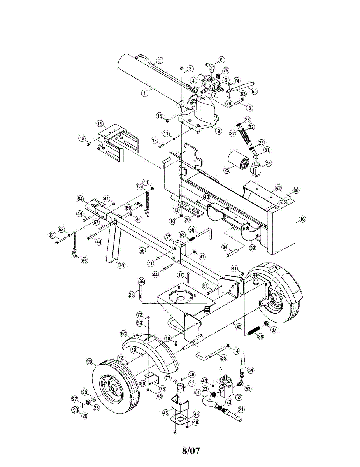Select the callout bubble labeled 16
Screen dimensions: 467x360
point(302,219)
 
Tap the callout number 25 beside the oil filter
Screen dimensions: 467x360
point(227,169)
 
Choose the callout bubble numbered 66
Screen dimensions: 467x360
point(123,334)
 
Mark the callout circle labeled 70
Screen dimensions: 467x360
point(121,265)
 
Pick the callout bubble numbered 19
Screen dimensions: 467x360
point(100,124)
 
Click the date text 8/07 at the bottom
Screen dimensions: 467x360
point(191,451)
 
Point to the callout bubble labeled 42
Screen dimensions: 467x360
point(277,188)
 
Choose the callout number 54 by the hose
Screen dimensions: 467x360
point(250,369)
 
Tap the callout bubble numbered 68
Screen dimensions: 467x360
point(255,91)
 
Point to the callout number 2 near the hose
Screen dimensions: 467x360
point(160,60)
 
